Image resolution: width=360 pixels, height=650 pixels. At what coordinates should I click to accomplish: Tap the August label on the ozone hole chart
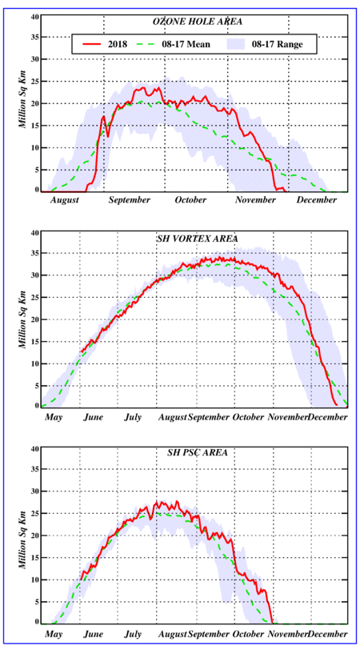coord(65,200)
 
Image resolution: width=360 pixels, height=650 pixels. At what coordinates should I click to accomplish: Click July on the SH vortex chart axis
coord(132,417)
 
